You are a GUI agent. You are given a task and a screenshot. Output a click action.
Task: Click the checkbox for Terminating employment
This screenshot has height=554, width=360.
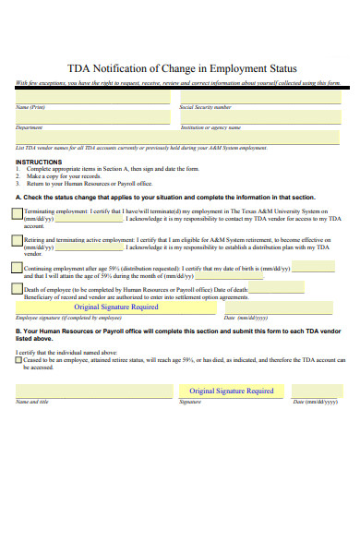18,214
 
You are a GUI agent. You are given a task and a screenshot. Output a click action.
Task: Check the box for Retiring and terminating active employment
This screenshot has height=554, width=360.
18,241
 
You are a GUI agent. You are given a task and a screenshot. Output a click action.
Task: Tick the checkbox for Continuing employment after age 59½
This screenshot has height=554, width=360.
18,268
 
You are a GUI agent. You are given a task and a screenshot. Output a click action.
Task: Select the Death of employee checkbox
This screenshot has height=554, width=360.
18,289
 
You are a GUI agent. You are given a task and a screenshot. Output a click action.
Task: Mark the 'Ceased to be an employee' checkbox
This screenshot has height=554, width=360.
18,360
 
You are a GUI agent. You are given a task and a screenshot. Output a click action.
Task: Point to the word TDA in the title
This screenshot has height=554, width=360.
81,67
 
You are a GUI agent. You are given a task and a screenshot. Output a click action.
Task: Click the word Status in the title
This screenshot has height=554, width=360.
276,67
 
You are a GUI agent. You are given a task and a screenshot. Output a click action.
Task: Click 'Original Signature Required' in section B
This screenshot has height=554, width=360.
232,391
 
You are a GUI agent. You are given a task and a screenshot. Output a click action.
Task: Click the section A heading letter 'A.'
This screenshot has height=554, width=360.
18,197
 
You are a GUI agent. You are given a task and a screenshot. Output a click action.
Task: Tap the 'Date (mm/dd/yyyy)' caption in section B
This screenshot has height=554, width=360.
315,403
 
